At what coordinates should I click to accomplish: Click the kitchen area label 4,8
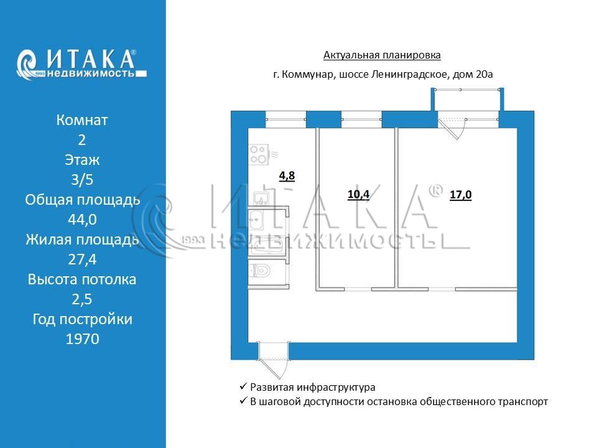pyautogui.click(x=287, y=176)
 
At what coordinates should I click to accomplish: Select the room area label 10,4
pyautogui.click(x=358, y=195)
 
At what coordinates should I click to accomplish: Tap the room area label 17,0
pyautogui.click(x=461, y=195)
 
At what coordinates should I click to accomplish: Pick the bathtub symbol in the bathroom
pyautogui.click(x=267, y=247)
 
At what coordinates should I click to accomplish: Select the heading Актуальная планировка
pyautogui.click(x=382, y=55)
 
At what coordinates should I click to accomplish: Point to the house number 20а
pyautogui.click(x=484, y=74)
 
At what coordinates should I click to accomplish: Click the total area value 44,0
pyautogui.click(x=82, y=220)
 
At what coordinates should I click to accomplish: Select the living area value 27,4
pyautogui.click(x=82, y=259)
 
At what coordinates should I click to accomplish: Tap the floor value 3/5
pyautogui.click(x=82, y=179)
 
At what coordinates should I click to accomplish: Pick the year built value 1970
pyautogui.click(x=82, y=338)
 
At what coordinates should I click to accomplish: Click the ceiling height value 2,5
pyautogui.click(x=82, y=299)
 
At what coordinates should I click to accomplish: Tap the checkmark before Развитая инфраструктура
pyautogui.click(x=243, y=386)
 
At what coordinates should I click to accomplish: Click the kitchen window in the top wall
pyautogui.click(x=285, y=119)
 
